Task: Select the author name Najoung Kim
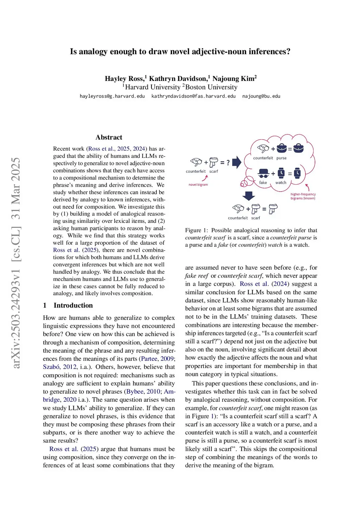coord(234,78)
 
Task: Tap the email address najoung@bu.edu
coord(261,96)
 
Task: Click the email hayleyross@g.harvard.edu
coord(112,96)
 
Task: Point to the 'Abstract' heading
coord(109,137)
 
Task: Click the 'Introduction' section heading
coord(73,305)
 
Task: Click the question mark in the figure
coord(228,162)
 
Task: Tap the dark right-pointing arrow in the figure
coord(237,162)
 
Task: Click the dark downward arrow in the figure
coord(249,195)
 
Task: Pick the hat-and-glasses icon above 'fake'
coord(263,173)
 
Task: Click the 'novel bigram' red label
coord(198,185)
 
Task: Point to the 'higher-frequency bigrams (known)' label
coord(303,196)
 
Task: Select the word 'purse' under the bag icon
coord(281,158)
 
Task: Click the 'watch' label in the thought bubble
coord(281,183)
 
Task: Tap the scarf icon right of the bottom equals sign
coord(273,209)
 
